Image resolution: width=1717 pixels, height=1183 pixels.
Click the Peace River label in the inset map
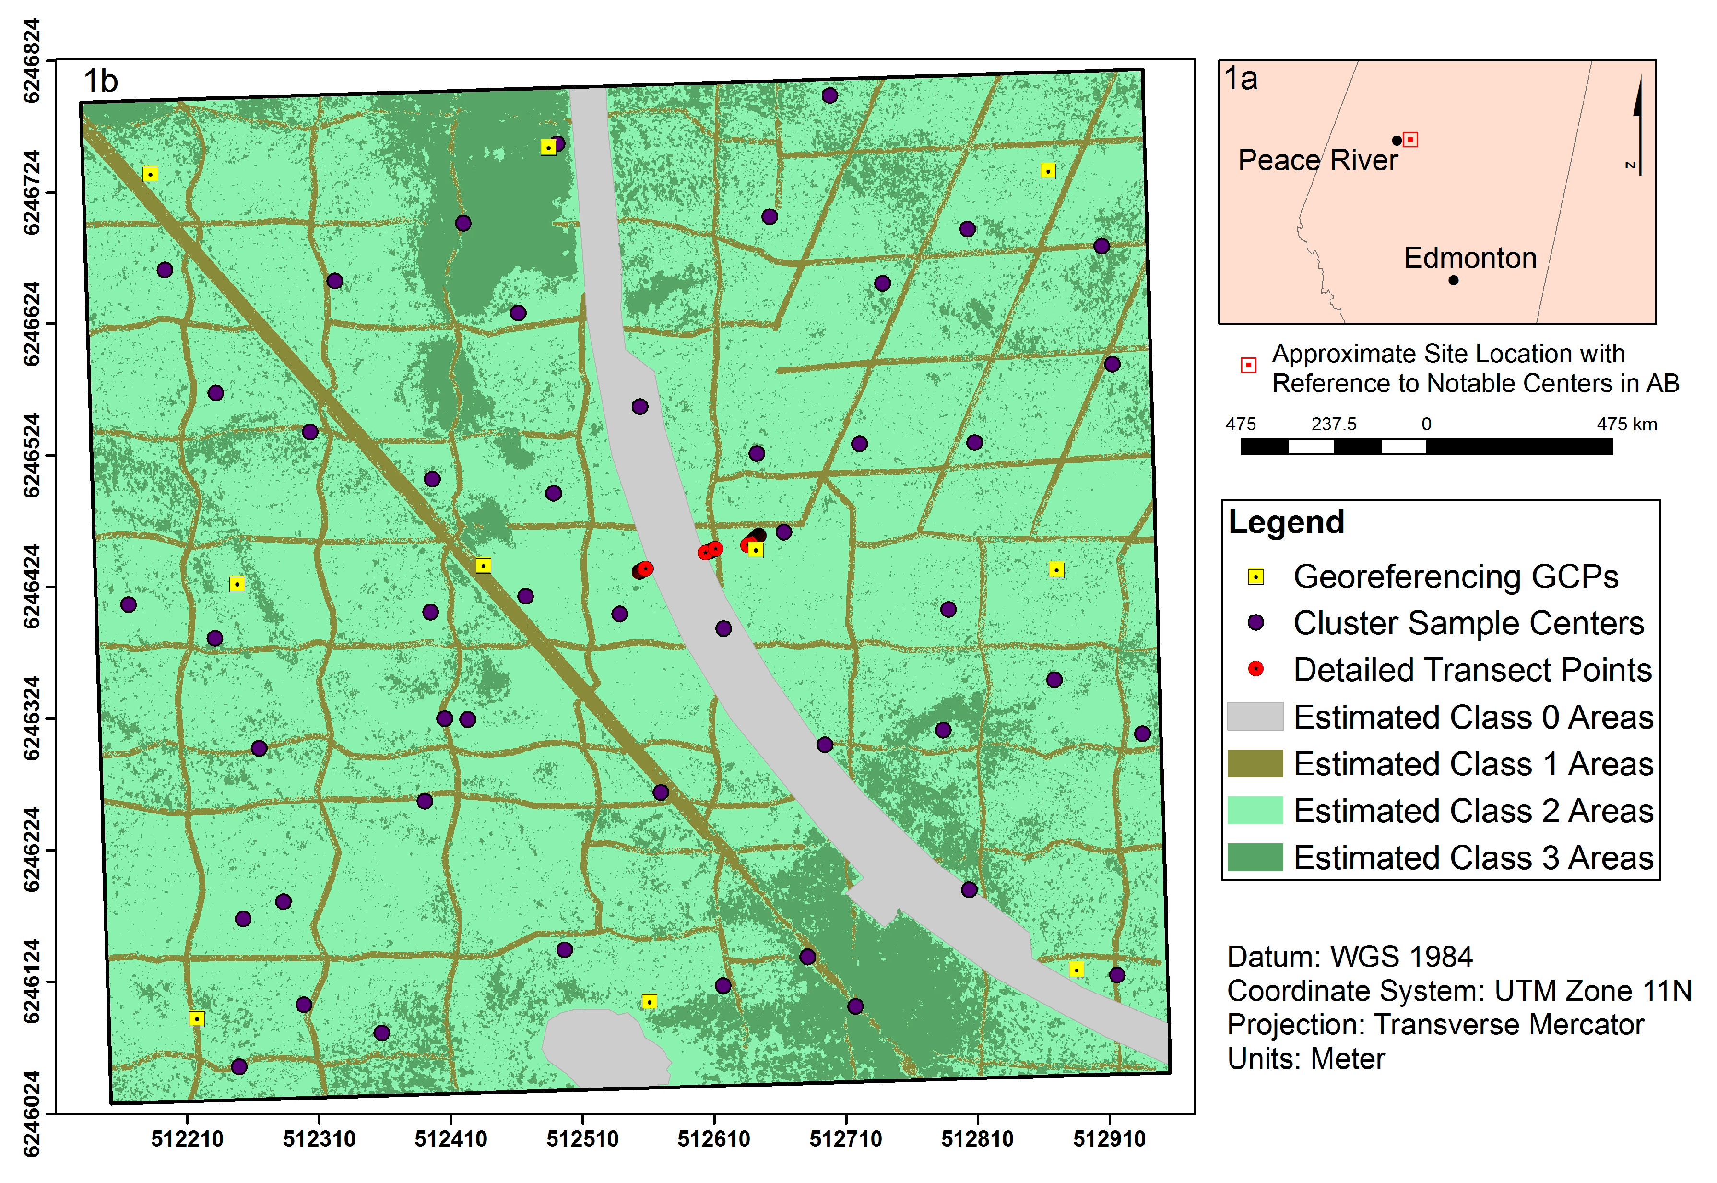1317,160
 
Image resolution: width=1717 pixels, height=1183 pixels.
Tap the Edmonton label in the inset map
1469,258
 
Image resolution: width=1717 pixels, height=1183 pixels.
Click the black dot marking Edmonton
1453,280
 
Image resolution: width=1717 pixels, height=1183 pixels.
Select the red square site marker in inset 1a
1410,139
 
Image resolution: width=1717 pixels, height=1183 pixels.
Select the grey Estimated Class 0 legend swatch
1255,717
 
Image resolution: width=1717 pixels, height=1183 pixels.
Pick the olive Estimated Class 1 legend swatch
1255,763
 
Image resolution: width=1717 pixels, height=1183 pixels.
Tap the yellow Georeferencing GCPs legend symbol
1255,577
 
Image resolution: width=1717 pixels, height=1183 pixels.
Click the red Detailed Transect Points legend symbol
1255,669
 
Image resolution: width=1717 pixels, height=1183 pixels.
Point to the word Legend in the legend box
1286,522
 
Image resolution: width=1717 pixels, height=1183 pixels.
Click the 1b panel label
100,81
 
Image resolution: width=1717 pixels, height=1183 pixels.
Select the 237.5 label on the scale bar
1333,424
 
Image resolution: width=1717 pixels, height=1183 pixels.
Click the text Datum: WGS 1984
1350,956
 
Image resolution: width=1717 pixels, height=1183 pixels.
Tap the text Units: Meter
1306,1058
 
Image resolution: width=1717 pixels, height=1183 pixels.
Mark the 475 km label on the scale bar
1627,424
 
